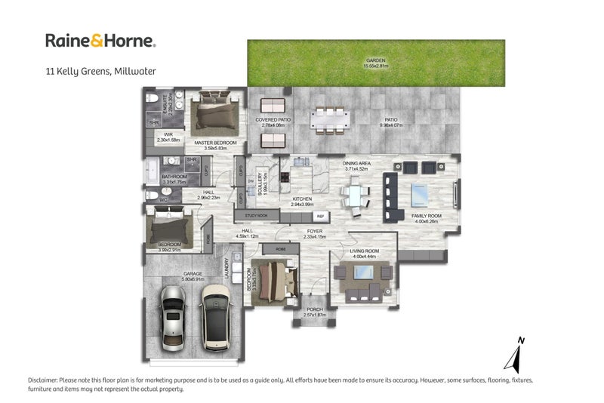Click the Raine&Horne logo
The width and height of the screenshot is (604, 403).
(x=100, y=41)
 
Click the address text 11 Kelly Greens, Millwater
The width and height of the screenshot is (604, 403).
(x=100, y=72)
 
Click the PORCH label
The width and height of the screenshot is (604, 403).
(x=314, y=311)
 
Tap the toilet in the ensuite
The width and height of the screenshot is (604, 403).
(x=152, y=100)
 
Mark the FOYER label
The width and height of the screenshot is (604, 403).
(x=314, y=232)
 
